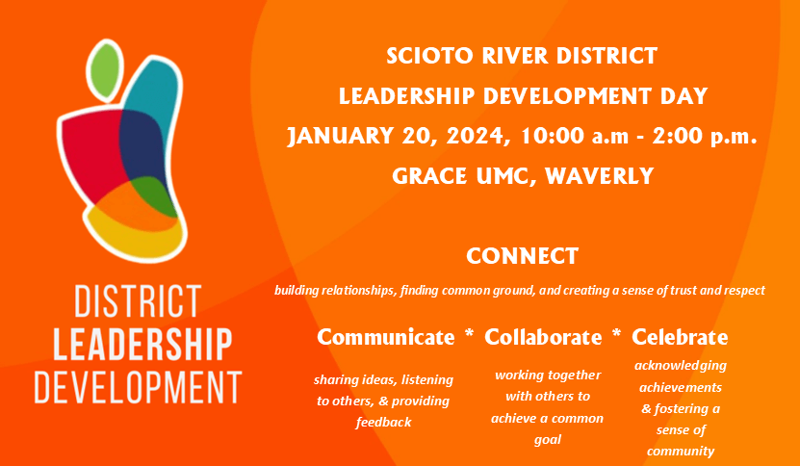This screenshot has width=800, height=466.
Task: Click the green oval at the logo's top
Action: tap(105, 70)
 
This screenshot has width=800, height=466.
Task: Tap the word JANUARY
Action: tap(340, 137)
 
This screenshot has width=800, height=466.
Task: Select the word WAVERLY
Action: tap(599, 176)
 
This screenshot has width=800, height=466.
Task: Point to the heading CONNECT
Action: tap(523, 256)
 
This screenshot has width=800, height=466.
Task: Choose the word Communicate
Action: tap(386, 337)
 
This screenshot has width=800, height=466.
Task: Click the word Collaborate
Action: tap(543, 337)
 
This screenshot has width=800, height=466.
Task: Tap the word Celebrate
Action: tap(680, 337)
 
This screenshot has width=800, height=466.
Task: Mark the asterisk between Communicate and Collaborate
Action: tap(469, 334)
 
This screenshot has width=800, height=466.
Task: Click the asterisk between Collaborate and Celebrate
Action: tap(616, 334)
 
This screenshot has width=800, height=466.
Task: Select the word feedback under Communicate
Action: tap(384, 422)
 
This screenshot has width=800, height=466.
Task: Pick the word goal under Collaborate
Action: tap(548, 439)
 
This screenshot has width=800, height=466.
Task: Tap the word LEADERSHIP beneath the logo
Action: tap(142, 344)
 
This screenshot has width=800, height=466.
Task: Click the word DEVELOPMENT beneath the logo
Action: tap(138, 387)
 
